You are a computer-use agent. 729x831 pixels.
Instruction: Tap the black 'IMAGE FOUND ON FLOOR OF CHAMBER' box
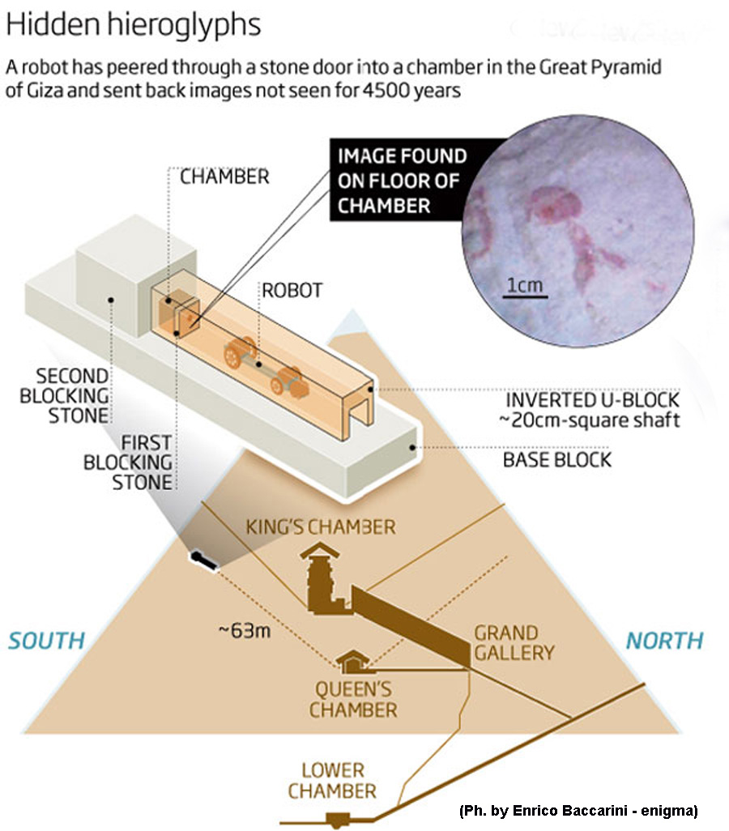tap(402, 181)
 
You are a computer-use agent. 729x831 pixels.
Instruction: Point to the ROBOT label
tap(291, 290)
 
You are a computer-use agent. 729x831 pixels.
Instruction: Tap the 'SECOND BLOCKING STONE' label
tap(72, 395)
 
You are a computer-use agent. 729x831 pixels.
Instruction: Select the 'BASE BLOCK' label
tap(556, 460)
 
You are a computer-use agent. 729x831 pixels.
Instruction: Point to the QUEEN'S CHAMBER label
tap(353, 701)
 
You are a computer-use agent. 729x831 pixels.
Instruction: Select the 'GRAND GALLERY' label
tap(514, 642)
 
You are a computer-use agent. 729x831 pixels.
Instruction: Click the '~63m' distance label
tap(243, 629)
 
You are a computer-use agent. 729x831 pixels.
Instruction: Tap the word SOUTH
tap(46, 641)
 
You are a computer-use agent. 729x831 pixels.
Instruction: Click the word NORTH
tap(664, 641)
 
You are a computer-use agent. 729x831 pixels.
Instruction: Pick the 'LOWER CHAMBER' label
tap(332, 780)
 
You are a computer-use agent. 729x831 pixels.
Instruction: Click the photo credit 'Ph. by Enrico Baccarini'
tap(578, 810)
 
